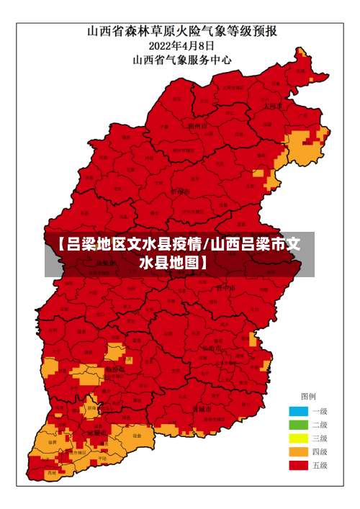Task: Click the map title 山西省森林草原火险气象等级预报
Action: [x=183, y=31]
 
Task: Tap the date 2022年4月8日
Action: [x=181, y=46]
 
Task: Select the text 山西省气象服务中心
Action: [x=182, y=60]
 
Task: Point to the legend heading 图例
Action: [x=308, y=397]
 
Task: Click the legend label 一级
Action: [x=320, y=411]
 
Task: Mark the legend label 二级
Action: [x=320, y=425]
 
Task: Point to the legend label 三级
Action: [x=320, y=438]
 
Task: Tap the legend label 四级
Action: [x=320, y=452]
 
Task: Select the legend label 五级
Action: [x=320, y=466]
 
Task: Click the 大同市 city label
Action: [x=272, y=105]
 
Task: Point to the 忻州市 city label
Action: [x=180, y=192]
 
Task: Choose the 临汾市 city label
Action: [x=115, y=369]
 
